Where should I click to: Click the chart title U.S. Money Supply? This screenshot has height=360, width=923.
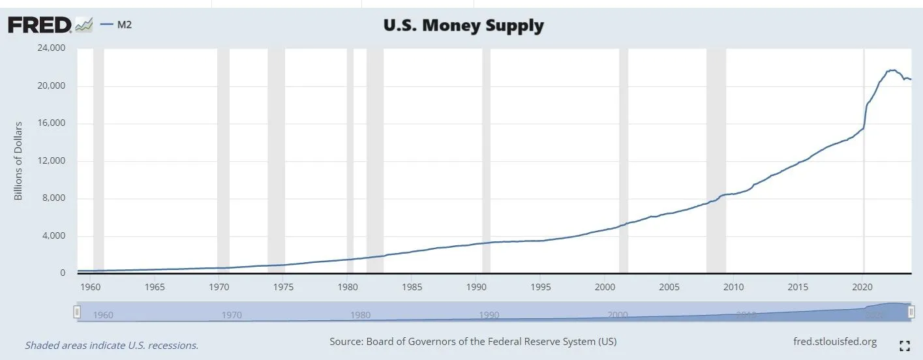pyautogui.click(x=462, y=26)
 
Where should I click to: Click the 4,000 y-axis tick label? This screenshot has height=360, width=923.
pyautogui.click(x=55, y=236)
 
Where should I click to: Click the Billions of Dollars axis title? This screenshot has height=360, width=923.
pyautogui.click(x=18, y=160)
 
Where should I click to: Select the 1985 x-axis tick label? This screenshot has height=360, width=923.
pyautogui.click(x=411, y=287)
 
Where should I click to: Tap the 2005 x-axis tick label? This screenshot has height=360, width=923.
pyautogui.click(x=669, y=287)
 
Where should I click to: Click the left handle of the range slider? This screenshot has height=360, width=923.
pyautogui.click(x=77, y=312)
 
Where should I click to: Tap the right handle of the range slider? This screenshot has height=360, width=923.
pyautogui.click(x=910, y=312)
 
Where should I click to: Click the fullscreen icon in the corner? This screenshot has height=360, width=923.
pyautogui.click(x=904, y=346)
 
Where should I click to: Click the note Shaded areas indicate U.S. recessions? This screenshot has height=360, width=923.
pyautogui.click(x=112, y=345)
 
